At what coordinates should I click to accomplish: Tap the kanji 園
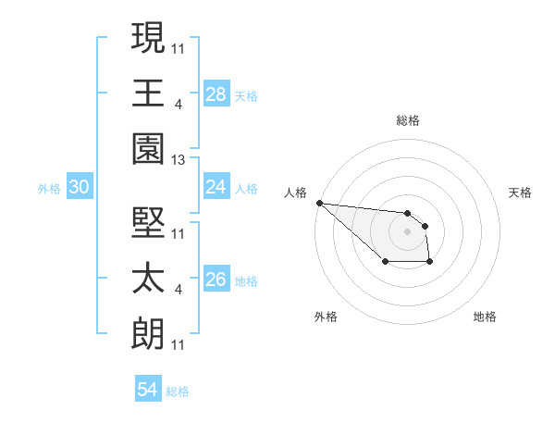(148, 147)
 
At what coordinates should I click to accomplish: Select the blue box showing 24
(216, 186)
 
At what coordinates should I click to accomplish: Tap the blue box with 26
(216, 280)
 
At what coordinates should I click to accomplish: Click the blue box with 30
(79, 187)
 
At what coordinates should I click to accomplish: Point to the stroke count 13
(179, 160)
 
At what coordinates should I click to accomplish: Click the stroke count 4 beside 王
(178, 104)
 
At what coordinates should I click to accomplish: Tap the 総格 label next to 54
(178, 391)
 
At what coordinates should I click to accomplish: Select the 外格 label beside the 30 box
(49, 189)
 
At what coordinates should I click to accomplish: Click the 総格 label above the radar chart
(408, 120)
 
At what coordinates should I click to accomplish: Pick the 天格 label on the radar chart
(521, 193)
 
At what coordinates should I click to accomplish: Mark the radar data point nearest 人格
(318, 203)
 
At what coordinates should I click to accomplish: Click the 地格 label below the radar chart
(485, 317)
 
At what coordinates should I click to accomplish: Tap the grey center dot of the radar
(407, 231)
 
